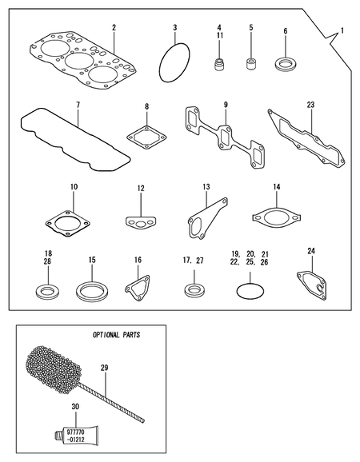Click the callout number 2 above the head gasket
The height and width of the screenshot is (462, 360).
(x=114, y=27)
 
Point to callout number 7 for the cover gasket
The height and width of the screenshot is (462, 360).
(x=78, y=105)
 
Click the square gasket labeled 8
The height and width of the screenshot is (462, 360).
(x=146, y=137)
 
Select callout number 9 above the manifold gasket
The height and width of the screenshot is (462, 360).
(x=226, y=105)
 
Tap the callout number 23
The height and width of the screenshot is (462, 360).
(x=310, y=104)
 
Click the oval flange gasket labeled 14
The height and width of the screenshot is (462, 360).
(x=276, y=216)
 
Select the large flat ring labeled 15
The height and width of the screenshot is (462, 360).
(x=92, y=289)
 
